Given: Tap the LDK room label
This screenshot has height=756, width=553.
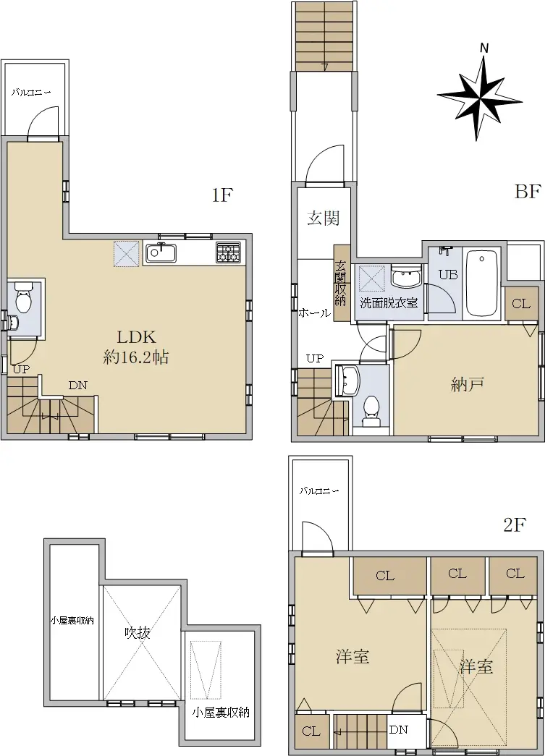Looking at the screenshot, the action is tap(136, 337).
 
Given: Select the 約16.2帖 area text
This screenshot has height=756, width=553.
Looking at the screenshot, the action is tap(136, 357).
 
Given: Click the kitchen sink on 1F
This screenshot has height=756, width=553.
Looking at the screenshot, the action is tap(160, 253).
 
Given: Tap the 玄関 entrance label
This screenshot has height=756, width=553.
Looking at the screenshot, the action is tap(324, 218).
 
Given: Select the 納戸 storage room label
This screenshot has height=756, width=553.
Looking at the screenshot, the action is tap(467, 384).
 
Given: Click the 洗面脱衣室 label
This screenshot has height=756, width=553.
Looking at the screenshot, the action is tap(389, 303).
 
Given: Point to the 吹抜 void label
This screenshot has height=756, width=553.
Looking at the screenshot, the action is tap(138, 632).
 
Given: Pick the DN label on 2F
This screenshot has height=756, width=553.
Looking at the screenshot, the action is tap(399, 729).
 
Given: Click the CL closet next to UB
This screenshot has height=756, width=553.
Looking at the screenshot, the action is tap(522, 304).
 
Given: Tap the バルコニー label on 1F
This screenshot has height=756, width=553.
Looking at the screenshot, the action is tap(31, 91).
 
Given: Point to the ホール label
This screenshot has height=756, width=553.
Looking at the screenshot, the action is tap(315, 313).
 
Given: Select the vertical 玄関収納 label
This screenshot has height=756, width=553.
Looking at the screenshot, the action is tap(341, 283).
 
